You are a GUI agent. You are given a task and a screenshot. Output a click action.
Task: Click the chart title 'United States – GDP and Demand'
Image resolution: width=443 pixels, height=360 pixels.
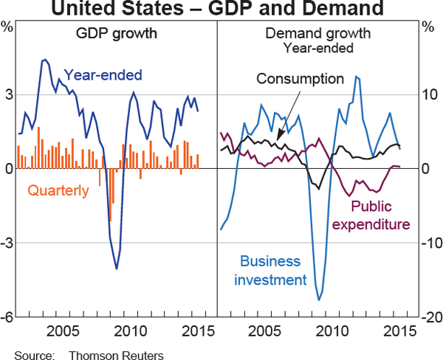coord(221,10)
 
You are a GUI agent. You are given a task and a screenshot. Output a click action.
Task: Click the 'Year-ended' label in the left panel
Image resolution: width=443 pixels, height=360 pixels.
coord(103,75)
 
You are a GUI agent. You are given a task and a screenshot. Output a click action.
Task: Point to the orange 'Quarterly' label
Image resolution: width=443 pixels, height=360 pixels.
coord(58,190)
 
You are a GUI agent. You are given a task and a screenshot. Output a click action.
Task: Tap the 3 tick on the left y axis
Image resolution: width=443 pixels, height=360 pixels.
coord(8,94)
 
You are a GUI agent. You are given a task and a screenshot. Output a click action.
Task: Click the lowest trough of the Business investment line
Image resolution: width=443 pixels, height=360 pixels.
coord(319,300)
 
